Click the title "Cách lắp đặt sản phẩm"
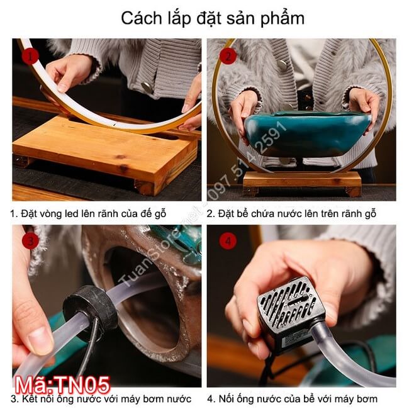click(213, 19)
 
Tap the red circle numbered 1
click(30, 57)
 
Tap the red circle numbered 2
click(228, 56)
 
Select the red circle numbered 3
click(30, 240)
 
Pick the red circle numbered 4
click(228, 240)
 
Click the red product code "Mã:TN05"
click(62, 385)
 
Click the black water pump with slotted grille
click(290, 315)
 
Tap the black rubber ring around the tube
click(90, 307)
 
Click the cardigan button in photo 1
click(147, 87)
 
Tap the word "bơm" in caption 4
click(366, 399)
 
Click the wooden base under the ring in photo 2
click(302, 182)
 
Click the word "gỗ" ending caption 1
click(160, 214)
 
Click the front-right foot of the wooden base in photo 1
click(144, 188)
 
